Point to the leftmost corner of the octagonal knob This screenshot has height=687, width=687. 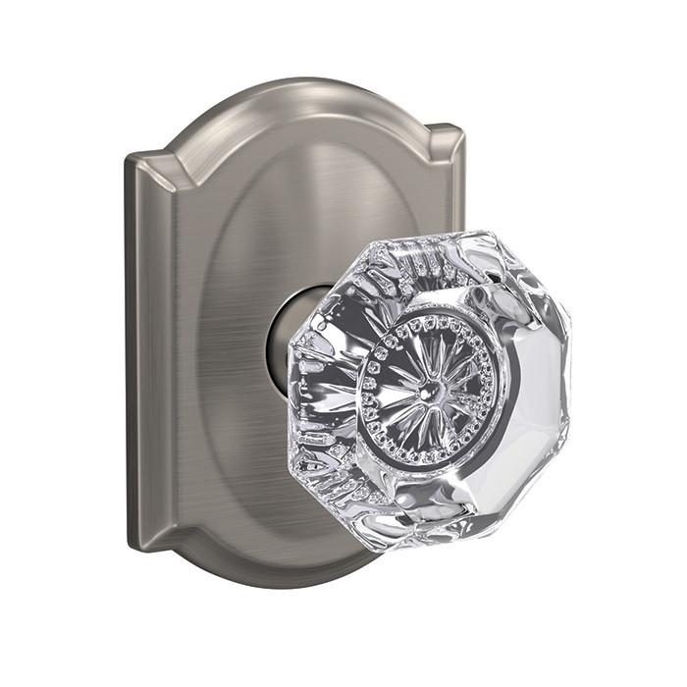pyautogui.click(x=292, y=393)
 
